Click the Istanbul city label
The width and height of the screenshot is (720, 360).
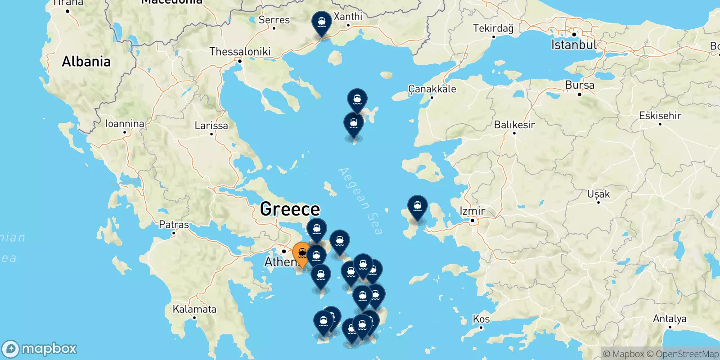[x=574, y=45]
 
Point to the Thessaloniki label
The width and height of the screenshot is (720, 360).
[x=240, y=52]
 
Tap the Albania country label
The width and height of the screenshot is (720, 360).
[x=86, y=61]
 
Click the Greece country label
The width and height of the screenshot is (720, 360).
[x=290, y=209]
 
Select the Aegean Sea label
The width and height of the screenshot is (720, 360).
[x=360, y=201]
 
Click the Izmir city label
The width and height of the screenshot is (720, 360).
[x=472, y=211]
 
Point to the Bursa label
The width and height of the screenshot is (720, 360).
[x=580, y=85]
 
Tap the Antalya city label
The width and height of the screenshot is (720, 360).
[x=670, y=319]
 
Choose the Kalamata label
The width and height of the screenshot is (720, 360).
[x=194, y=309]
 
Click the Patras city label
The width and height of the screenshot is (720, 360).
[x=174, y=225]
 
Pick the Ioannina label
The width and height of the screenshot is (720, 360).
[x=125, y=124]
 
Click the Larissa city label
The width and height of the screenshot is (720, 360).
[x=211, y=126]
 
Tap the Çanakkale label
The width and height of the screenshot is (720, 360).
[x=432, y=89]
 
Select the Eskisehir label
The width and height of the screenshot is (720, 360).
[x=660, y=116]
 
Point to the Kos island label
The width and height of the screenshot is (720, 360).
[x=481, y=319]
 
